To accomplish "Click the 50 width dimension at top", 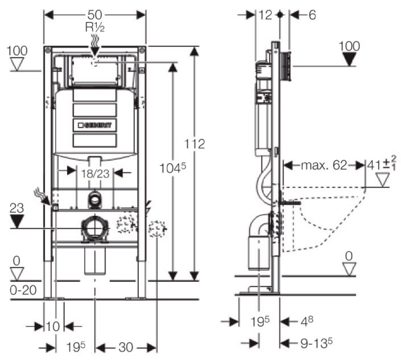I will [95, 15].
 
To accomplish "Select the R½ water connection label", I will [95, 27].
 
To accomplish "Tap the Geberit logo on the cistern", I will [94, 125].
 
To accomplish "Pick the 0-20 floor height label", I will [23, 290].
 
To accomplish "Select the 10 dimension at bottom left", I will [53, 326].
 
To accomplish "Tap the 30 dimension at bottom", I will [126, 347].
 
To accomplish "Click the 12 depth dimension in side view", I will [266, 15].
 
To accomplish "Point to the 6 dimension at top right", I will [312, 15].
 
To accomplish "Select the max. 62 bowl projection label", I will [323, 165].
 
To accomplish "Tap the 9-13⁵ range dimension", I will [316, 343].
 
